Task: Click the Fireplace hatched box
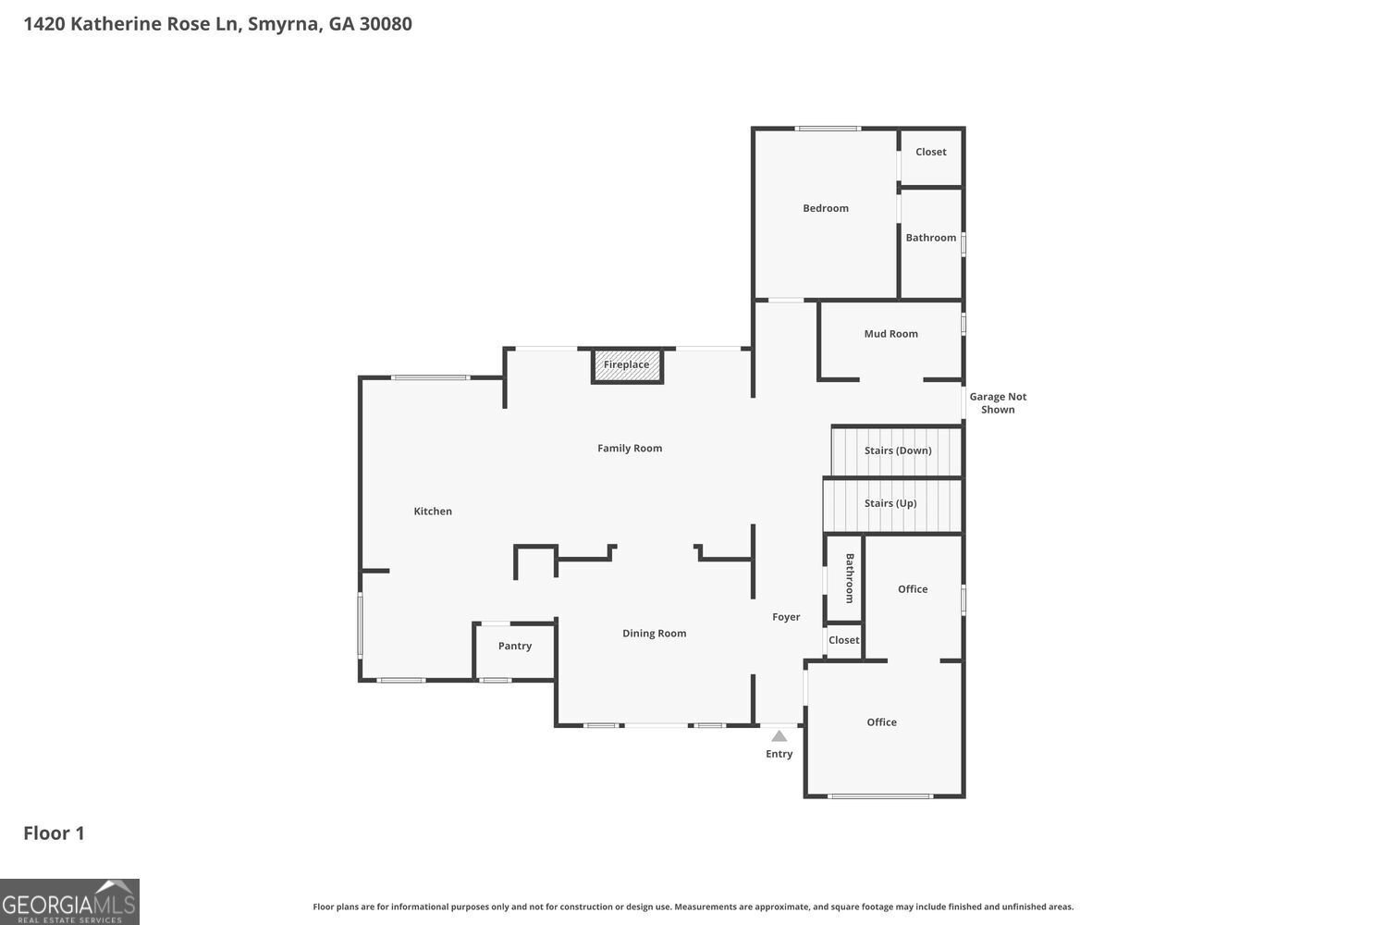(627, 365)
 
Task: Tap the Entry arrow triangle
(779, 736)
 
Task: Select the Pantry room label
(514, 647)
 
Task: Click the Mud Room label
(890, 334)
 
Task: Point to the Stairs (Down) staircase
(896, 451)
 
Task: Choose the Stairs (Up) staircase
(892, 504)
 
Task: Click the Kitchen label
(432, 512)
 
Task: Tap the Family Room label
(629, 448)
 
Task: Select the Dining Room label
(654, 634)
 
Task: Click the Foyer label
(786, 617)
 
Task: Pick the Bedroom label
(826, 208)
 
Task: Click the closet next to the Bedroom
(930, 157)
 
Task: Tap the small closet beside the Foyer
(843, 641)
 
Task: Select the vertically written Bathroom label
(850, 578)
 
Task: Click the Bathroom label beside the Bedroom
(930, 238)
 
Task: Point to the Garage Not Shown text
(998, 402)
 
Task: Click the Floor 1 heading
(54, 833)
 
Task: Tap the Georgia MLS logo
(69, 902)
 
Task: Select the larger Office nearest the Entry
(884, 729)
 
